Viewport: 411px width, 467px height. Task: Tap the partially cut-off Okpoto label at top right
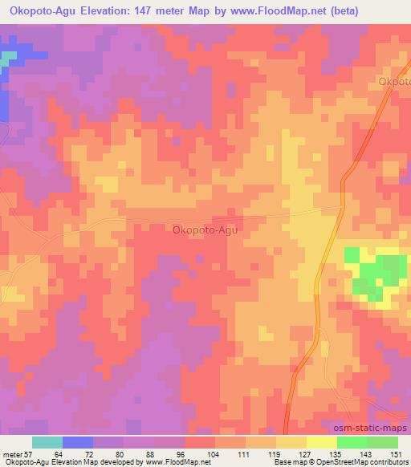pyautogui.click(x=395, y=82)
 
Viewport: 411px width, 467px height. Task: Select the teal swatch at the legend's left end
pyautogui.click(x=47, y=442)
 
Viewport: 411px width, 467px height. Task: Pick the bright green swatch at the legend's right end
pyautogui.click(x=382, y=442)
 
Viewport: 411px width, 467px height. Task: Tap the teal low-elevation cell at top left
pyautogui.click(x=8, y=59)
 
